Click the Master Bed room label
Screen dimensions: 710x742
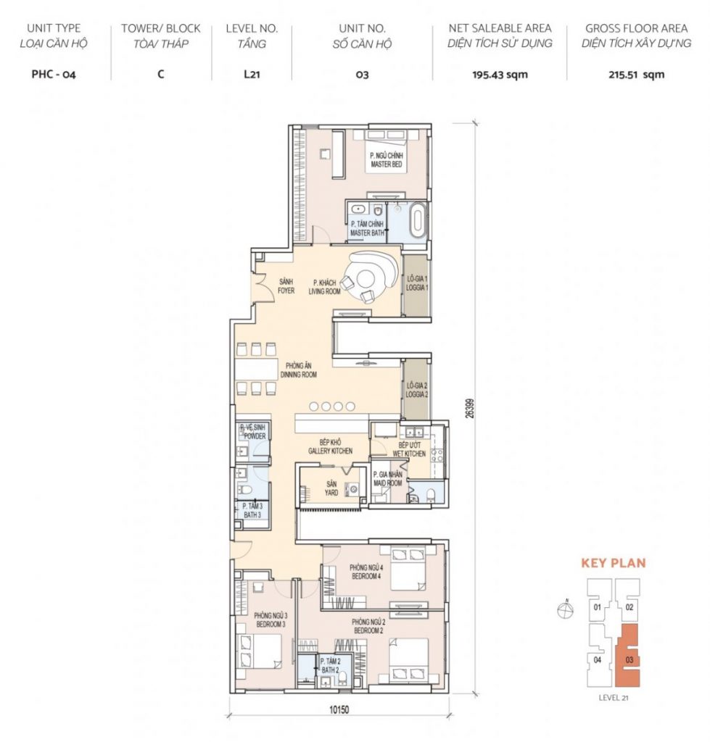pos(387,160)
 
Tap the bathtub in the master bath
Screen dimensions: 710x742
pos(418,220)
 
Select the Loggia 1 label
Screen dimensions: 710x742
pos(417,283)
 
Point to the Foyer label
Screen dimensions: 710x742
pos(286,286)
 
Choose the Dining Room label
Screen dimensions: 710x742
pos(298,370)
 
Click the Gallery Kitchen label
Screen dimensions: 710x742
pos(330,446)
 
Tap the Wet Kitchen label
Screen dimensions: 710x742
pos(409,449)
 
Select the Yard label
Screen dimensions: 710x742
pos(331,488)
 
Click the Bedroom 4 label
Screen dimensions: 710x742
pos(366,572)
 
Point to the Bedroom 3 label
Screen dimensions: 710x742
pos(271,620)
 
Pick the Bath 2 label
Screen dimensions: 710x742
pos(330,666)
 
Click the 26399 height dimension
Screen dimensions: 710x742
pos(470,407)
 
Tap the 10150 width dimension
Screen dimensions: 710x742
pos(339,710)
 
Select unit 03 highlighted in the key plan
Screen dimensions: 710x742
pos(628,655)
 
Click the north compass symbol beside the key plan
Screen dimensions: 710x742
pos(566,609)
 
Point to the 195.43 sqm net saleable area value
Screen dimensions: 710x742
pos(500,75)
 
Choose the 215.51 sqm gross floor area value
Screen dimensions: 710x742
pos(636,75)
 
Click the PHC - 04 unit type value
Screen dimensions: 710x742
pos(54,75)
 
